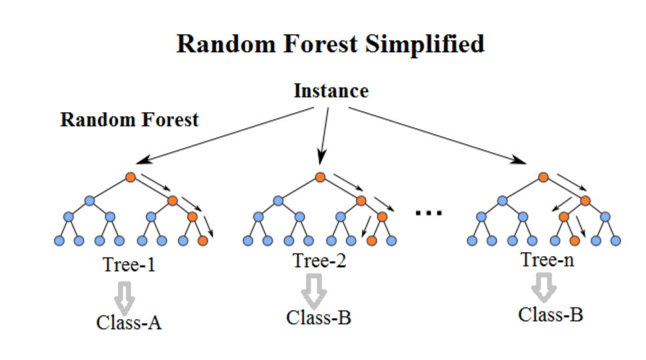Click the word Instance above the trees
click(331, 90)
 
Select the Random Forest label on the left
click(129, 120)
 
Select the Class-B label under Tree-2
click(319, 317)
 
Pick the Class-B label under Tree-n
click(551, 314)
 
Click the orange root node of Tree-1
click(131, 177)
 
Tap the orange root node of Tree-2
click(320, 177)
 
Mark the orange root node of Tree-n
click(543, 177)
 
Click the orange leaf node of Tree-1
click(203, 240)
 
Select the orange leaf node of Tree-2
click(372, 240)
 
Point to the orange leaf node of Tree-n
click(574, 240)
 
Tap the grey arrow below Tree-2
click(315, 288)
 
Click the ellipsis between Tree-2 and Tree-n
click(429, 213)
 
